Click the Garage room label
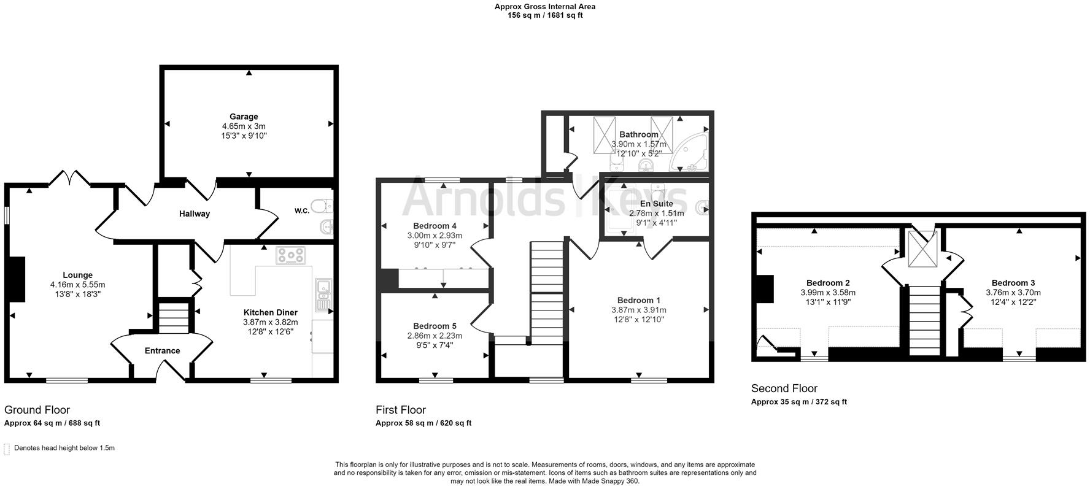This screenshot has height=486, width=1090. tap(244, 117)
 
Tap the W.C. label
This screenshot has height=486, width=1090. tap(301, 211)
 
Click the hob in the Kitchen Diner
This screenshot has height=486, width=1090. tap(291, 255)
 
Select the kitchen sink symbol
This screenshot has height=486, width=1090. tap(323, 293)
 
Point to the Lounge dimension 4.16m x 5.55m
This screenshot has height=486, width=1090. tap(77, 285)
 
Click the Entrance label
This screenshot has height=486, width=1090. tap(162, 351)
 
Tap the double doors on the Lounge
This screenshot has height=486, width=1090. tap(69, 179)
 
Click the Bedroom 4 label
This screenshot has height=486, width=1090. tap(435, 225)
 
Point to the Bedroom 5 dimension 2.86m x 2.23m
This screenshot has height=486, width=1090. tap(435, 336)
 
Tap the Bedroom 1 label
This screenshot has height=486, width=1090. tap(638, 300)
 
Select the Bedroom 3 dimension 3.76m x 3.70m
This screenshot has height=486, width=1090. tap(1013, 293)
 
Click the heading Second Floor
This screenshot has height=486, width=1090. tap(784, 388)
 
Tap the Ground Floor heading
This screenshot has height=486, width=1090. tap(37, 410)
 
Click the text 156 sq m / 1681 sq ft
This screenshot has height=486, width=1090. tap(544, 15)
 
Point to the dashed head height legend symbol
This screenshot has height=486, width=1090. tap(7, 449)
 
